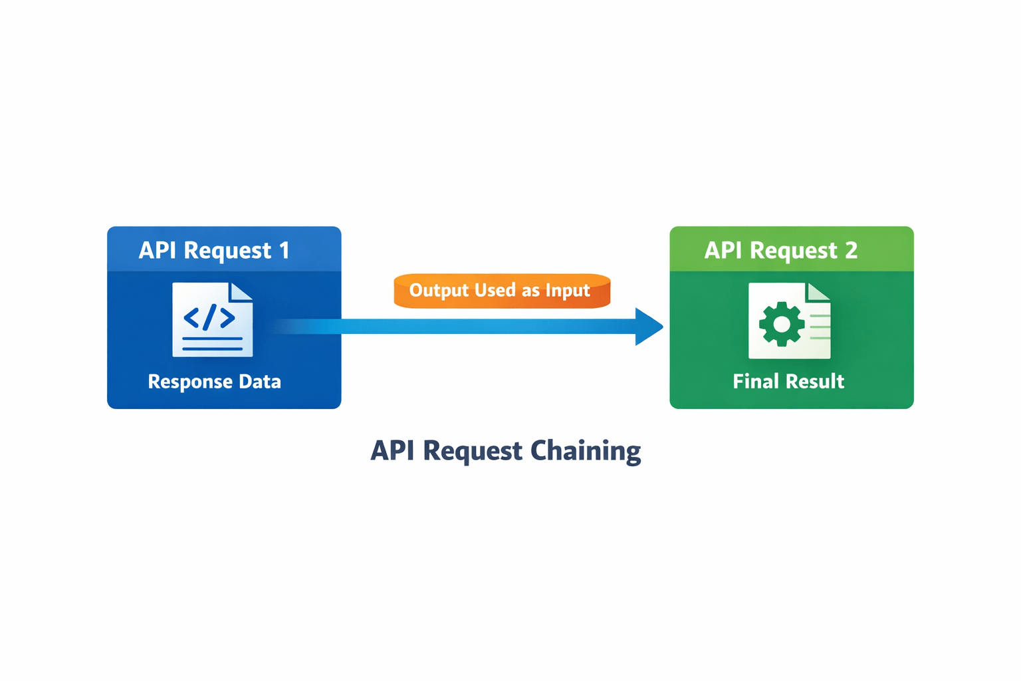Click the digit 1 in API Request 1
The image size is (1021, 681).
(x=284, y=250)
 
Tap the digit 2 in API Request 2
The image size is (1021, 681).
(x=851, y=250)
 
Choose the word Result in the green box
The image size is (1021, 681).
(x=816, y=381)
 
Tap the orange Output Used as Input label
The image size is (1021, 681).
(x=502, y=291)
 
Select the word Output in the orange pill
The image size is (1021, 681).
(x=439, y=291)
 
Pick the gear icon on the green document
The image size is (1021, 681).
(x=782, y=324)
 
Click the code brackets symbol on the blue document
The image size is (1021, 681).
(x=209, y=317)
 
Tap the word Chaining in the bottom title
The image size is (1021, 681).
(x=586, y=452)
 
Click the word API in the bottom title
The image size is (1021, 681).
(x=392, y=451)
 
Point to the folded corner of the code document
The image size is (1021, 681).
(x=241, y=291)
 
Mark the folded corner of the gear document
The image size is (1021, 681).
(x=819, y=291)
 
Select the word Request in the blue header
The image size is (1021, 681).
(x=227, y=251)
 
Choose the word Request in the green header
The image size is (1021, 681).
(x=794, y=251)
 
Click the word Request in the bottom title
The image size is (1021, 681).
(x=472, y=452)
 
